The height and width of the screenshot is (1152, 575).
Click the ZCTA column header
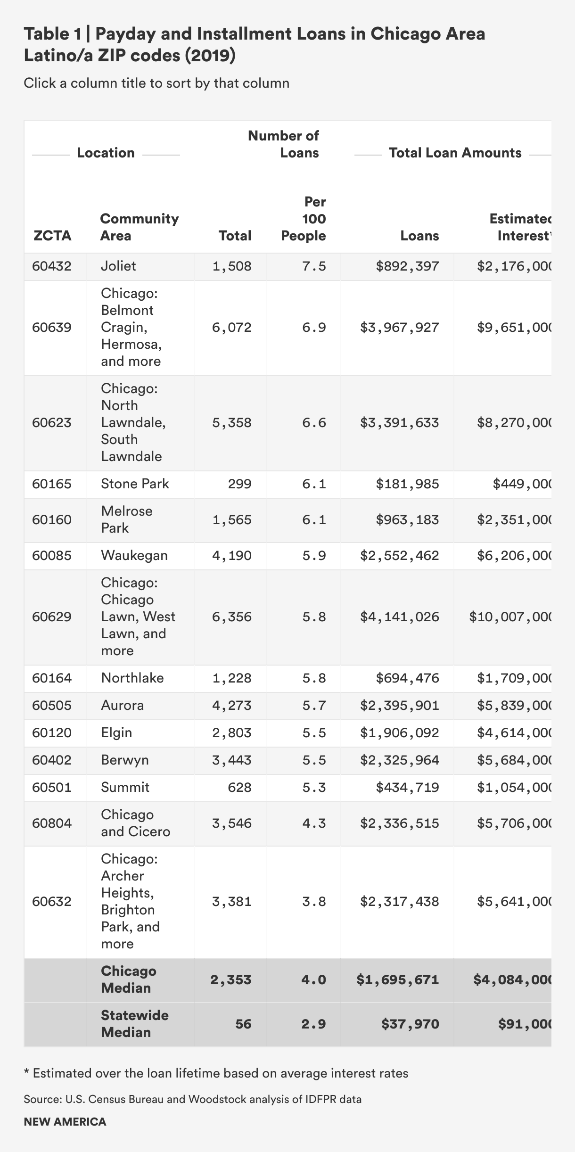(52, 236)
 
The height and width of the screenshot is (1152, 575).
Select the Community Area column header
(139, 227)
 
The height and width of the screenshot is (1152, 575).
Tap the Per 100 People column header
(304, 219)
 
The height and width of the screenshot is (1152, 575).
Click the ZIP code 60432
(52, 266)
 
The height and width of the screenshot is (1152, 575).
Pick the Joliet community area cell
(118, 266)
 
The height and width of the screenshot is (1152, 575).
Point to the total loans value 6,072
(231, 328)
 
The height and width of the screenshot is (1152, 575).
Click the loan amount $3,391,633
(399, 423)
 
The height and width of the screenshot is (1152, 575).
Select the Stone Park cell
(135, 484)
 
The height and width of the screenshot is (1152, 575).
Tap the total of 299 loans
(239, 484)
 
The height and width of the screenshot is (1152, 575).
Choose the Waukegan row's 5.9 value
(314, 556)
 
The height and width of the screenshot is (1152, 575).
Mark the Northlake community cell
(132, 678)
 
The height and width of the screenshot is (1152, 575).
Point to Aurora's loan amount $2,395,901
(399, 706)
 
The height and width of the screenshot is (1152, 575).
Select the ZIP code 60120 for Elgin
(52, 733)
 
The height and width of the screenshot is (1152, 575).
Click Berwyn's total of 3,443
(231, 760)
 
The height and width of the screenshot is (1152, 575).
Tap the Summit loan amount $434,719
(407, 788)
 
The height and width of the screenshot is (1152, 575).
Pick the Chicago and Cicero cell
(135, 823)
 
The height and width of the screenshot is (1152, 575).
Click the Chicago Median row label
(128, 979)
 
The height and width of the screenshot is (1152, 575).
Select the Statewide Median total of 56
(243, 1024)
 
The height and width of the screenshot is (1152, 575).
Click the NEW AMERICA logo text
(65, 1122)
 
